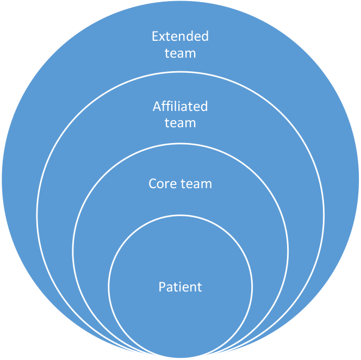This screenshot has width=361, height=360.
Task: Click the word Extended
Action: click(x=180, y=37)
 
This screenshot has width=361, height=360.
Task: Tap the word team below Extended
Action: click(x=180, y=53)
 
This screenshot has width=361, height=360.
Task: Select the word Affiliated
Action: click(x=180, y=106)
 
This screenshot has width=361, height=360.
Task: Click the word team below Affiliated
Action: click(x=180, y=123)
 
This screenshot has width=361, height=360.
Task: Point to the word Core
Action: click(x=161, y=184)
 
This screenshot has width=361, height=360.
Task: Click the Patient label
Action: click(x=180, y=287)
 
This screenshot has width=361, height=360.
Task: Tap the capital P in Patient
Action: click(x=162, y=287)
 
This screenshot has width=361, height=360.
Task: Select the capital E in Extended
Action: click(x=155, y=37)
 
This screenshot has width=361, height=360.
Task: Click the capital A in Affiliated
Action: click(x=157, y=106)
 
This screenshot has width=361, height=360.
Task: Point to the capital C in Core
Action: click(x=153, y=184)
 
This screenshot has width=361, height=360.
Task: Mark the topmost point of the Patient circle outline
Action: click(x=180, y=215)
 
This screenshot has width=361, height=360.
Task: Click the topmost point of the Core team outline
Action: click(x=180, y=144)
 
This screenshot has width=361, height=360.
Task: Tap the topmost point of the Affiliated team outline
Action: click(x=180, y=71)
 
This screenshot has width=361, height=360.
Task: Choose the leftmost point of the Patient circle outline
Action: click(x=108, y=287)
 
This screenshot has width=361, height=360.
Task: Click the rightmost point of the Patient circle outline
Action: click(x=252, y=287)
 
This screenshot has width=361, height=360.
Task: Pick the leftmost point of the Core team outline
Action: click(x=73, y=251)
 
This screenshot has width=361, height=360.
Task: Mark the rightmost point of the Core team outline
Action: click(x=288, y=251)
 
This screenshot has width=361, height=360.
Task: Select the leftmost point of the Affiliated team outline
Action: click(x=37, y=215)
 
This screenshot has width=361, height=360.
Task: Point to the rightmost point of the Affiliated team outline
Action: click(x=324, y=215)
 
